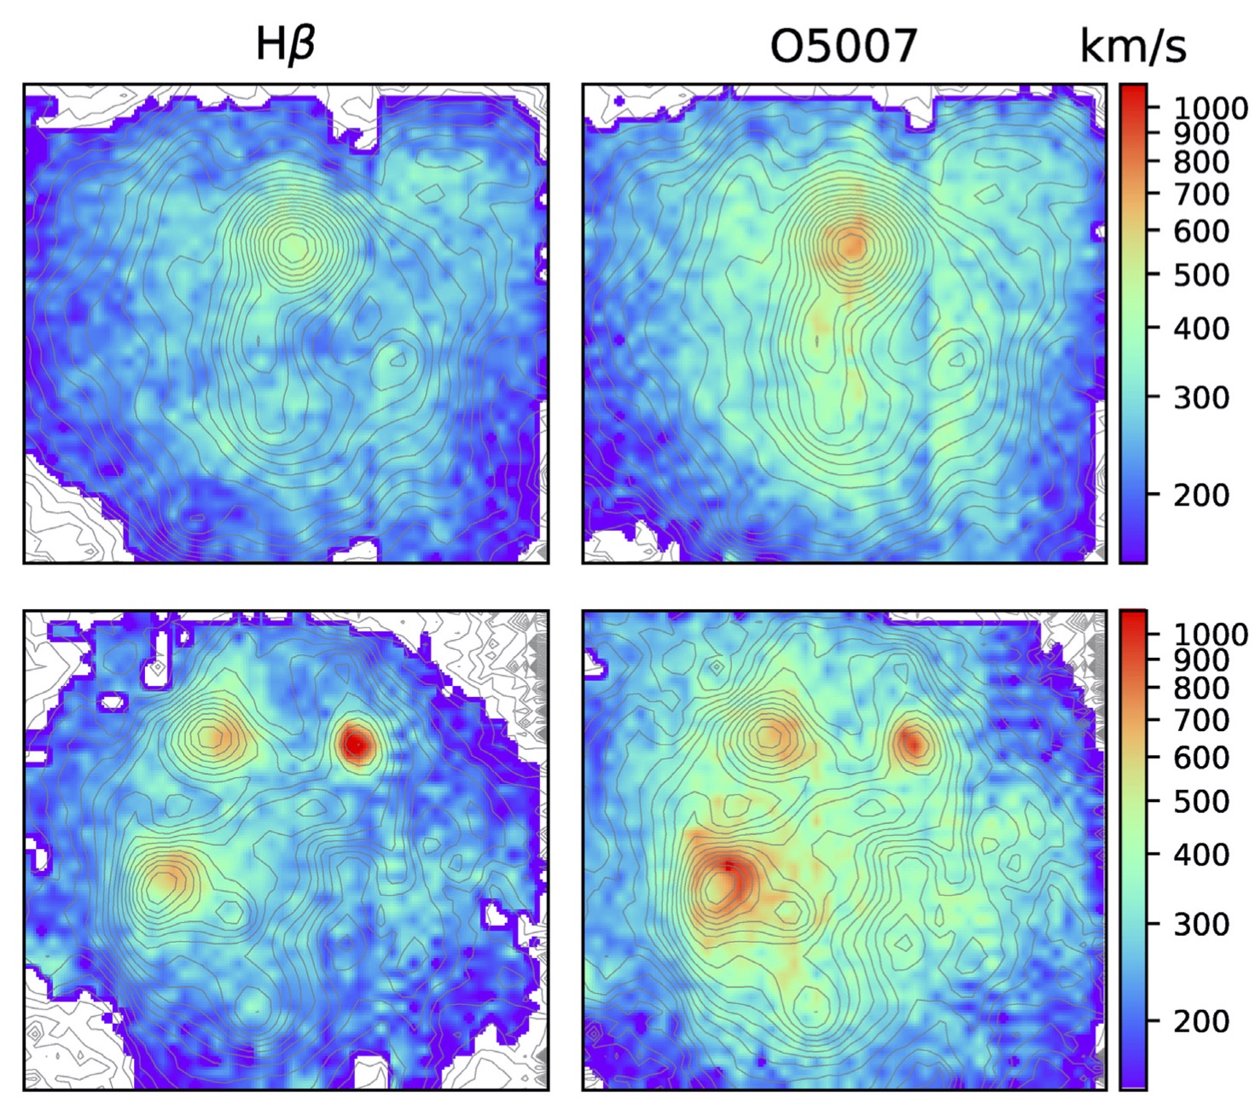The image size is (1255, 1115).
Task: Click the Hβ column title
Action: [x=285, y=44]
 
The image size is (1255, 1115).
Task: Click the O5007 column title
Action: [x=843, y=46]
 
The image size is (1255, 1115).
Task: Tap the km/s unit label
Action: [x=1132, y=46]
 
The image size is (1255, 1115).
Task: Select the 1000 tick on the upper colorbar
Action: [x=1210, y=107]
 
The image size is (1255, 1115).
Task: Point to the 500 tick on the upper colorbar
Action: [x=1201, y=275]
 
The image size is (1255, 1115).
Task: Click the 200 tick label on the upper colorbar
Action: [x=1201, y=494]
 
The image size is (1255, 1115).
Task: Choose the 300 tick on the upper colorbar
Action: [x=1201, y=397]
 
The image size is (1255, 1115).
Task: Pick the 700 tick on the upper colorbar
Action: [x=1201, y=195]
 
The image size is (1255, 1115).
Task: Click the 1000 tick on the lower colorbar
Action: [x=1210, y=634]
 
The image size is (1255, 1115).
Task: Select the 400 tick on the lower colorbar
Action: [x=1201, y=854]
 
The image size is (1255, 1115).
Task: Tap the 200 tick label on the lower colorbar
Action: [x=1201, y=1020]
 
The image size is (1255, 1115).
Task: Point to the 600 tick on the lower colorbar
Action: [x=1201, y=757]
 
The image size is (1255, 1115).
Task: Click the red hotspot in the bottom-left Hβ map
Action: [x=355, y=745]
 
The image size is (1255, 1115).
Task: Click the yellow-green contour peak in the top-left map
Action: [x=293, y=247]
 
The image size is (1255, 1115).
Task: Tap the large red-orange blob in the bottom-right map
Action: [x=724, y=883]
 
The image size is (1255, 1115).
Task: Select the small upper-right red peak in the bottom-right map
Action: [x=913, y=744]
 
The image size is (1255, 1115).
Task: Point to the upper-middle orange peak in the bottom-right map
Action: [x=772, y=735]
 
